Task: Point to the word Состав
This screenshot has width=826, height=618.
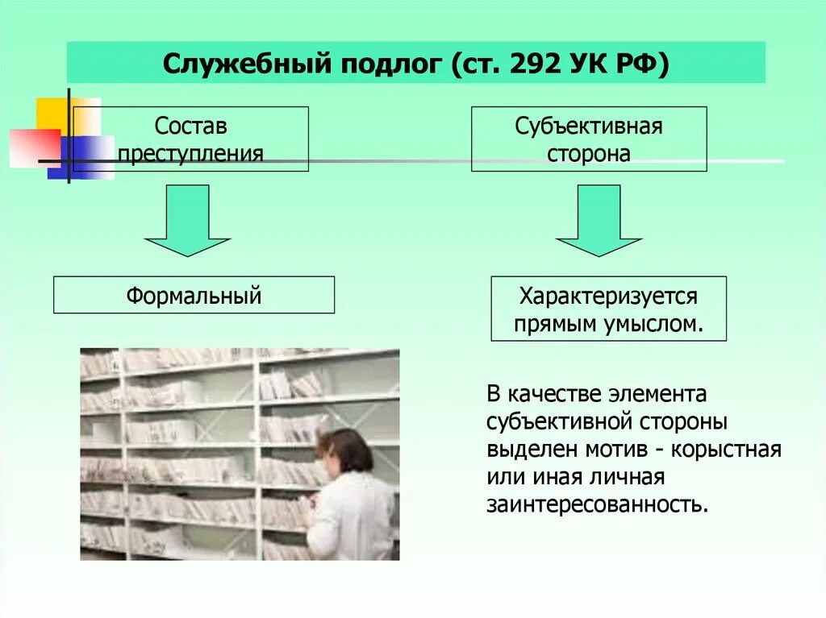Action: tap(190, 127)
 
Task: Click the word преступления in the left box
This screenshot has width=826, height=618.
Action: tap(190, 153)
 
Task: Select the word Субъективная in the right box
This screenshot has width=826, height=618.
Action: tap(589, 127)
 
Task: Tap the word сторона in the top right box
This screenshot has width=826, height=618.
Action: tap(589, 154)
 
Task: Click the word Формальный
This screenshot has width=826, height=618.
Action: tap(194, 295)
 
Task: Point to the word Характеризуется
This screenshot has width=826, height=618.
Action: tap(608, 296)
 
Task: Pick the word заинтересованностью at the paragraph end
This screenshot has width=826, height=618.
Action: tap(598, 504)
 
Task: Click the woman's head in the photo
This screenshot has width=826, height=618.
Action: tap(346, 451)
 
